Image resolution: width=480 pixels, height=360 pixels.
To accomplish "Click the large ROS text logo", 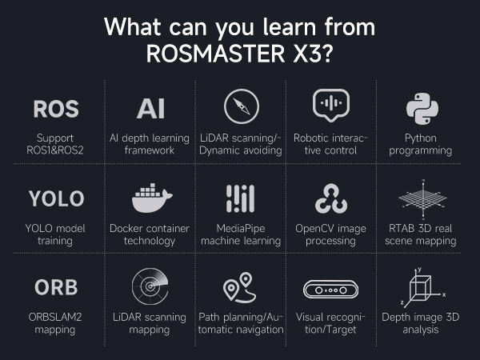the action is click(x=56, y=109).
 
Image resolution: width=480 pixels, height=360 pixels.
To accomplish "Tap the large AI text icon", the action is click(x=151, y=109).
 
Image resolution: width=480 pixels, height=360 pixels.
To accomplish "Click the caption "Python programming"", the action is click(x=422, y=144).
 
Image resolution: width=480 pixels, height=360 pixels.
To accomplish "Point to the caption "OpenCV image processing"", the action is click(x=330, y=234).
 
